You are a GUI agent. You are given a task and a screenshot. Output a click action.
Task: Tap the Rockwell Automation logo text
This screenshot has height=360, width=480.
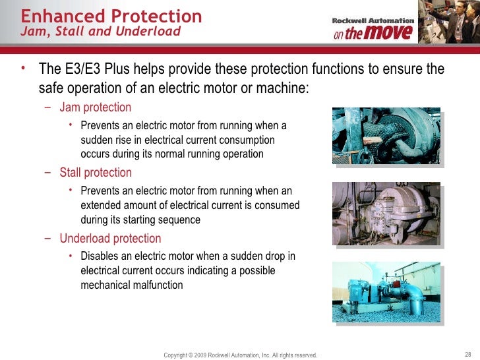tap(373, 20)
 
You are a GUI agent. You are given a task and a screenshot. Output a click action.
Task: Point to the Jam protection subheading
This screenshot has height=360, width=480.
tap(95, 107)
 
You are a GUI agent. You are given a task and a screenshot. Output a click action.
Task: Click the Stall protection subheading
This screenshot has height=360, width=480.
tap(96, 173)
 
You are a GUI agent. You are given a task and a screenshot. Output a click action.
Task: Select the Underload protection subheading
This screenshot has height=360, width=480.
tap(110, 238)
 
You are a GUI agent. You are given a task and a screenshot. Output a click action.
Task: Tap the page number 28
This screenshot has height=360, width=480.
tap(468, 354)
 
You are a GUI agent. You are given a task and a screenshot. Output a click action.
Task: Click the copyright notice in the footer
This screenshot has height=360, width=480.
tap(240, 355)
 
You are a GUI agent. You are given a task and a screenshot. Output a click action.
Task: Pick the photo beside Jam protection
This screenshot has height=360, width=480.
tap(386, 135)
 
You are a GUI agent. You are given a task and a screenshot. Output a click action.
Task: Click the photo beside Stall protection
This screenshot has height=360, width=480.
tap(386, 210)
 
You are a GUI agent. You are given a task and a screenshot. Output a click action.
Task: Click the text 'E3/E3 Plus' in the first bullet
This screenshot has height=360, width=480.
tap(95, 70)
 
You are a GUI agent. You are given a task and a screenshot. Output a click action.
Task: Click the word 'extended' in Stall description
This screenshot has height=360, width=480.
tap(102, 206)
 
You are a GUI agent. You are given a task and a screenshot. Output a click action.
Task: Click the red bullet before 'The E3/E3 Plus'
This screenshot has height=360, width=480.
tap(23, 69)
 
